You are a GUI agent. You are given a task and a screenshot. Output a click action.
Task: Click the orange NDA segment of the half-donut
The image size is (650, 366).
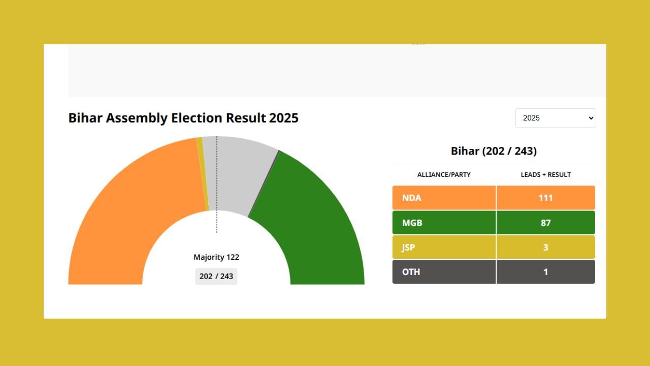(132, 213)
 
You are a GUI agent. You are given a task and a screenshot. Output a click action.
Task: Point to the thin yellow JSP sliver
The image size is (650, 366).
(203, 173)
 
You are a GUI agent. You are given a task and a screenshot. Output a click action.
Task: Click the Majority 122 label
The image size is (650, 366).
(216, 257)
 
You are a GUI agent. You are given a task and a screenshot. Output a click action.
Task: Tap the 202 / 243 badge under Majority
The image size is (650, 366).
(216, 276)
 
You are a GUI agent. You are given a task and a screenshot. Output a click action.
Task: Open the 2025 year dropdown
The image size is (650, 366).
(556, 118)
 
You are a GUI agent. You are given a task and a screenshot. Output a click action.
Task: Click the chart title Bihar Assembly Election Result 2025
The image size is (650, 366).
(183, 118)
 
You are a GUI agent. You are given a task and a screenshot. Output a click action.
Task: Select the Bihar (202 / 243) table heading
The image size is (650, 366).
(494, 151)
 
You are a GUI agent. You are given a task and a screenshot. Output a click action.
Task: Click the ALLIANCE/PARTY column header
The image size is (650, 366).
(444, 174)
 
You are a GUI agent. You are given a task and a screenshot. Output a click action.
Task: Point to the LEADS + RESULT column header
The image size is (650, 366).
(546, 174)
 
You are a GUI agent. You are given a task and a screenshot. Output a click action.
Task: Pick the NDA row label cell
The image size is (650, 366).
(444, 198)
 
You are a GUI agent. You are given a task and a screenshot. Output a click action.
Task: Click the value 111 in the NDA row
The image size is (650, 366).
(546, 198)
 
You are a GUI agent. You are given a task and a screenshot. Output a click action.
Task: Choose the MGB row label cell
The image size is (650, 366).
(444, 223)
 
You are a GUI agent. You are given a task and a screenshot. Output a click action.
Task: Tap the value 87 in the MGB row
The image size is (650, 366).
(546, 223)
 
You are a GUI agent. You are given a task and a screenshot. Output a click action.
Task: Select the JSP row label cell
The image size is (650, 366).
(444, 247)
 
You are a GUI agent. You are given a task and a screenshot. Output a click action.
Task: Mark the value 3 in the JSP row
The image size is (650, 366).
(546, 247)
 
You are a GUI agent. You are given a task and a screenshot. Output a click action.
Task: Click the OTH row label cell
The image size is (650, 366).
(444, 272)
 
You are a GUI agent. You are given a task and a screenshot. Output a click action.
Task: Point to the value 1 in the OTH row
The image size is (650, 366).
(546, 272)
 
